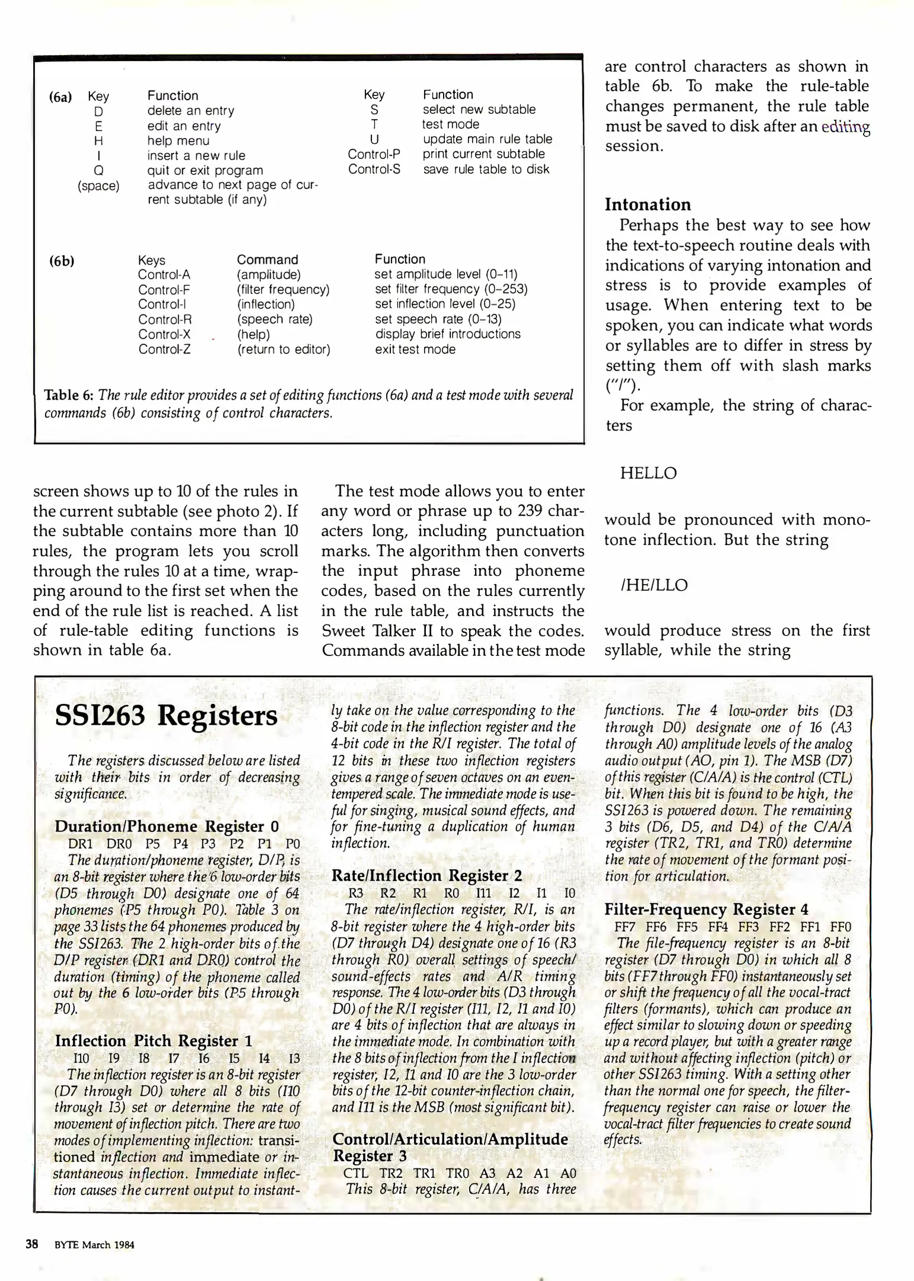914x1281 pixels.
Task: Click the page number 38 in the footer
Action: pos(31,1244)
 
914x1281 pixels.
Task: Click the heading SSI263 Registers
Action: pos(165,716)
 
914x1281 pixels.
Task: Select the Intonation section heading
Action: pos(648,205)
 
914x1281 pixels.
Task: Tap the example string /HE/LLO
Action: pos(654,585)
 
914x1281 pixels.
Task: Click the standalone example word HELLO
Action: pos(648,473)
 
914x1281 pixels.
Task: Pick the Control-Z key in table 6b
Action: pos(164,349)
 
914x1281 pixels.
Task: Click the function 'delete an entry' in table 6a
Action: pos(190,111)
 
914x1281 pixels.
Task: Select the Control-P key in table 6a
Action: pos(374,154)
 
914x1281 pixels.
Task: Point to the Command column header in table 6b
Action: pos(267,260)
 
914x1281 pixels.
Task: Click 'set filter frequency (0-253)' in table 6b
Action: pos(451,289)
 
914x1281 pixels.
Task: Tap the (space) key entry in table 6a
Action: pos(98,186)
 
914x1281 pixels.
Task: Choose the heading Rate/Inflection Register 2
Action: pos(427,876)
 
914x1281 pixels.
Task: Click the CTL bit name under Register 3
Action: pos(356,1173)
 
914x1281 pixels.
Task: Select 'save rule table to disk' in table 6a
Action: pos(486,169)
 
